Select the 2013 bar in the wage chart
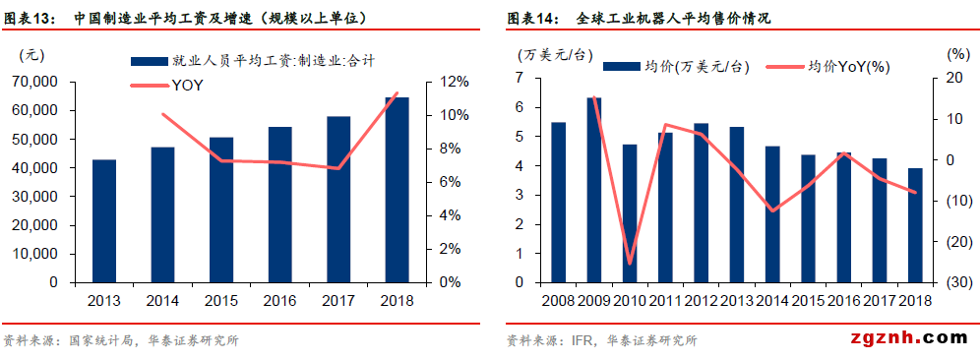(x=104, y=220)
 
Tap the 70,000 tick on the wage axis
(x=36, y=82)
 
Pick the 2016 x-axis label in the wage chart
(x=279, y=300)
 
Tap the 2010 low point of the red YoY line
(x=630, y=264)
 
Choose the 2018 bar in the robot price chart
(x=915, y=224)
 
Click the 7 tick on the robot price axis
(x=520, y=78)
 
